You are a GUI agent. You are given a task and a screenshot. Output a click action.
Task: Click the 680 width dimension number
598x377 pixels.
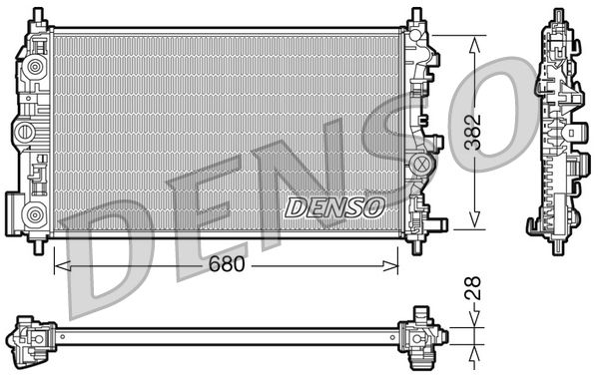click(226, 267)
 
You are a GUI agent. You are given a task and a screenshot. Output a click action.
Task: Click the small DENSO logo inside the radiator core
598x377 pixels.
click(334, 206)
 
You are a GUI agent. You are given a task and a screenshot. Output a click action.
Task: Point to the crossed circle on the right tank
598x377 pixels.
click(421, 163)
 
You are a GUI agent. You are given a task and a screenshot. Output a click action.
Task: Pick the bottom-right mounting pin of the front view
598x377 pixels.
click(413, 239)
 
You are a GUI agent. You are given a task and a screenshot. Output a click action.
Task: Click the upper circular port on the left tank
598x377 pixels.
click(35, 68)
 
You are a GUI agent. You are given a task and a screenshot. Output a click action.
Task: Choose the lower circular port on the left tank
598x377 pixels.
click(35, 211)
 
